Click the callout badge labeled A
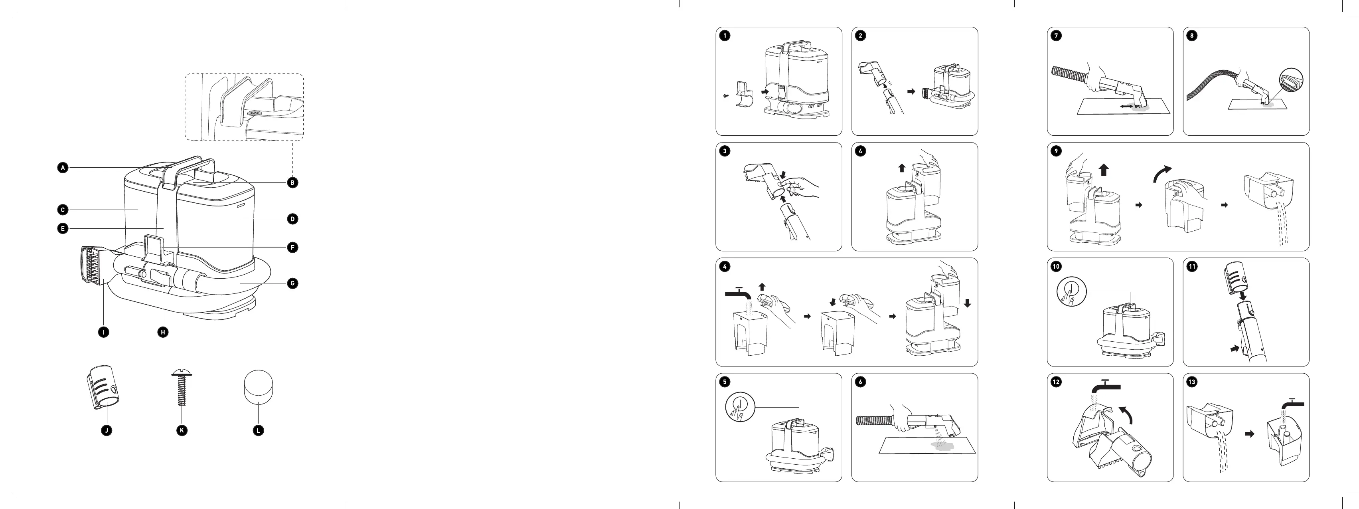tap(63, 168)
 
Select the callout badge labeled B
tap(292, 183)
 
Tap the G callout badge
tap(292, 283)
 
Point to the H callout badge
tap(163, 332)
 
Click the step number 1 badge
tap(725, 36)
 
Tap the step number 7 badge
tap(1056, 36)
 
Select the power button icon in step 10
tap(1071, 292)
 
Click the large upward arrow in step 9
tap(1104, 170)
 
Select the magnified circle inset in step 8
tap(1290, 82)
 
